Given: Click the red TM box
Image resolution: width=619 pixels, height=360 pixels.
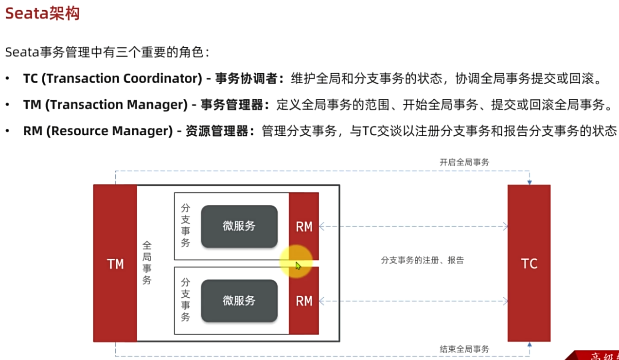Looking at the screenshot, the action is point(115,263).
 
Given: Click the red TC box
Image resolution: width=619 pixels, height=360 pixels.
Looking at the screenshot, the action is point(529,263).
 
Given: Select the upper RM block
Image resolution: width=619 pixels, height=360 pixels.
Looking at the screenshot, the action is point(304,226).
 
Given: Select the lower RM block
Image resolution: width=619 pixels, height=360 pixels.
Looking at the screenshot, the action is point(304,301).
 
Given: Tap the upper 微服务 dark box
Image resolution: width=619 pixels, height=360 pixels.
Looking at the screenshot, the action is point(239,226).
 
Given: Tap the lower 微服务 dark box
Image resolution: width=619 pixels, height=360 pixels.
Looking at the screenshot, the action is point(239,301).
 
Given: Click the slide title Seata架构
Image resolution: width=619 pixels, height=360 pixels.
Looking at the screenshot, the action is point(42,14).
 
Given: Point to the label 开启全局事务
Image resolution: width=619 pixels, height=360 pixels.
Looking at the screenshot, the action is point(464,162).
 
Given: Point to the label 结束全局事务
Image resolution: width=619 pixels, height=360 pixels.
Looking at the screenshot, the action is point(464,349).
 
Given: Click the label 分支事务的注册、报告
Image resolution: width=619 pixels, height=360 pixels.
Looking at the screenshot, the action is point(422,260).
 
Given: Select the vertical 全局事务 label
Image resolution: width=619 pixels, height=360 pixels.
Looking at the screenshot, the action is point(147,263).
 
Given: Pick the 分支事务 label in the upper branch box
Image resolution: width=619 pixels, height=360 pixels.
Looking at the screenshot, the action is point(185,225).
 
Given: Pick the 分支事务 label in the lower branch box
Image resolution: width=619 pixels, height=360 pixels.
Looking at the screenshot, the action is point(185,299).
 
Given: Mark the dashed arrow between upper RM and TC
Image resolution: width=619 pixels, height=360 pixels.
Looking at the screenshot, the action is point(413,226).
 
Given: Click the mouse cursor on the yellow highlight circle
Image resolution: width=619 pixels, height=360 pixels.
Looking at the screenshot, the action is point(298,266).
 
